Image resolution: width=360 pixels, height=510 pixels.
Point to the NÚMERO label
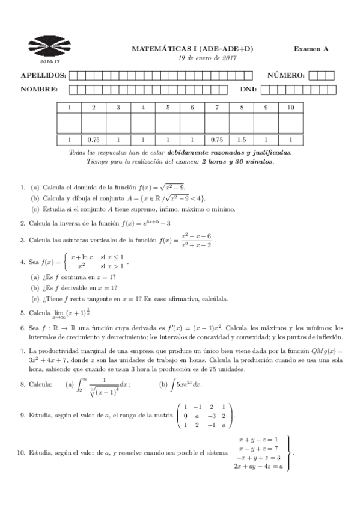(x=286, y=75)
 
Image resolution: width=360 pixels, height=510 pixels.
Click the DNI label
(x=248, y=90)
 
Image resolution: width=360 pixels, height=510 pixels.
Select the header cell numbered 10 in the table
(x=291, y=108)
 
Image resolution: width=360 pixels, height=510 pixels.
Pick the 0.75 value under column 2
(x=93, y=140)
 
